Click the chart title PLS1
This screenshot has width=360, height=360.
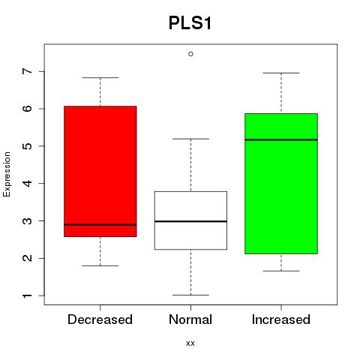(x=190, y=23)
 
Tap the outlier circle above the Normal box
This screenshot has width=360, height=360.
(x=190, y=54)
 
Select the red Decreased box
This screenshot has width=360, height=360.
(x=100, y=171)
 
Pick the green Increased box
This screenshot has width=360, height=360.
(x=281, y=184)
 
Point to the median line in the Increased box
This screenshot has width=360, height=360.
(x=281, y=139)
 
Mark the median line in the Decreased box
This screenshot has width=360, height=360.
(x=100, y=225)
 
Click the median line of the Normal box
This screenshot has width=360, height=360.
(x=190, y=221)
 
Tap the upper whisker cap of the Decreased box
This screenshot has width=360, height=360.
(x=100, y=77)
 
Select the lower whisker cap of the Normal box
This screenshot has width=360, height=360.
(x=190, y=295)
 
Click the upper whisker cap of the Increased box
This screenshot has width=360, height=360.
(x=281, y=73)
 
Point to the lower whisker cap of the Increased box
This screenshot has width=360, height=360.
(x=281, y=271)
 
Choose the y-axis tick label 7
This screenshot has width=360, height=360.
(x=28, y=71)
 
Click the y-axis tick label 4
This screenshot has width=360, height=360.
(x=28, y=184)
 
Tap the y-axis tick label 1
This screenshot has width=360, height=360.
(x=28, y=295)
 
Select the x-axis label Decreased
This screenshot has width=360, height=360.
(x=100, y=319)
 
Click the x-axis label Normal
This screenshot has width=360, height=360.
(x=190, y=319)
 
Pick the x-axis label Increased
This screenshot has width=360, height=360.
(x=281, y=319)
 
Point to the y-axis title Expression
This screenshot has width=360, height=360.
(x=7, y=174)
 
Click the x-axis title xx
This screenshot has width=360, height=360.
(x=190, y=343)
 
